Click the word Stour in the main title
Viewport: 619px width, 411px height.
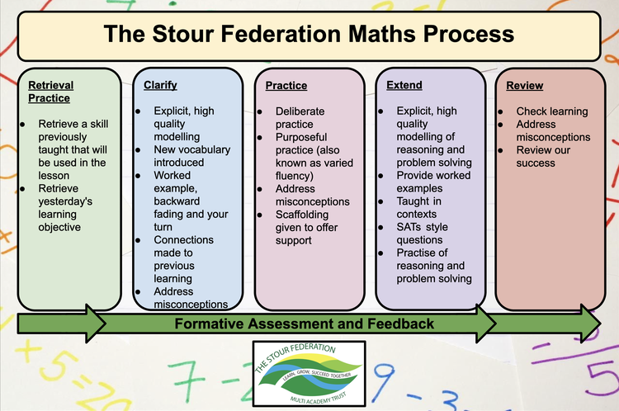(x=182, y=34)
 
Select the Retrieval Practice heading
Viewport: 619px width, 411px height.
(x=51, y=92)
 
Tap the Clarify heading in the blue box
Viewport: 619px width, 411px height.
(x=160, y=86)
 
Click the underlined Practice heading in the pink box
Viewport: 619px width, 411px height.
(x=286, y=86)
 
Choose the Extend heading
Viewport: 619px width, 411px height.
(x=404, y=85)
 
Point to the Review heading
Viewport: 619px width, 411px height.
(x=525, y=86)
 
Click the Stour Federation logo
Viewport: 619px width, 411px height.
(x=309, y=374)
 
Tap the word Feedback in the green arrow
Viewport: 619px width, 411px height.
(x=400, y=324)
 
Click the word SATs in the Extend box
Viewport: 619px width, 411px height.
(x=409, y=227)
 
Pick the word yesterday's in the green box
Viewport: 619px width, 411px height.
(x=65, y=201)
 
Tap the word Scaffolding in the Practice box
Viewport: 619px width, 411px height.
(x=302, y=215)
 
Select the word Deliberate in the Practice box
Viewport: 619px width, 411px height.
(x=300, y=111)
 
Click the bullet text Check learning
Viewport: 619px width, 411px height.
(x=552, y=111)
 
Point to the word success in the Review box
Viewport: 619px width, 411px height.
(x=536, y=163)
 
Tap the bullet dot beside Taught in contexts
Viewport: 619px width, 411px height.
(x=380, y=201)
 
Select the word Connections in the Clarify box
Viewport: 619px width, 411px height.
(x=183, y=240)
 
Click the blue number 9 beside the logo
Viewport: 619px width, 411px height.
(x=383, y=378)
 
